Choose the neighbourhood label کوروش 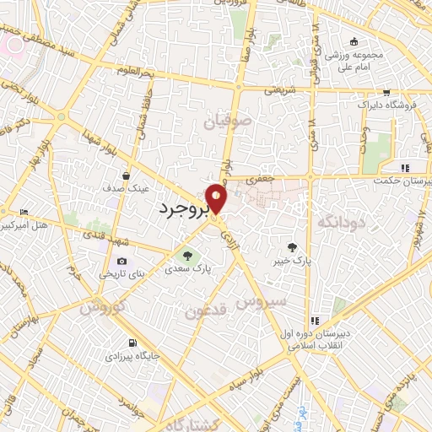point(102,307)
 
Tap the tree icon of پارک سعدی point(186,255)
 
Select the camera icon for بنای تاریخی point(122,262)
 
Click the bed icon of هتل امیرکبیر point(24,212)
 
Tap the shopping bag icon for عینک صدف point(126,176)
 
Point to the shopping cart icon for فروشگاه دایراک point(386,93)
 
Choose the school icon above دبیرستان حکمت point(406,167)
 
